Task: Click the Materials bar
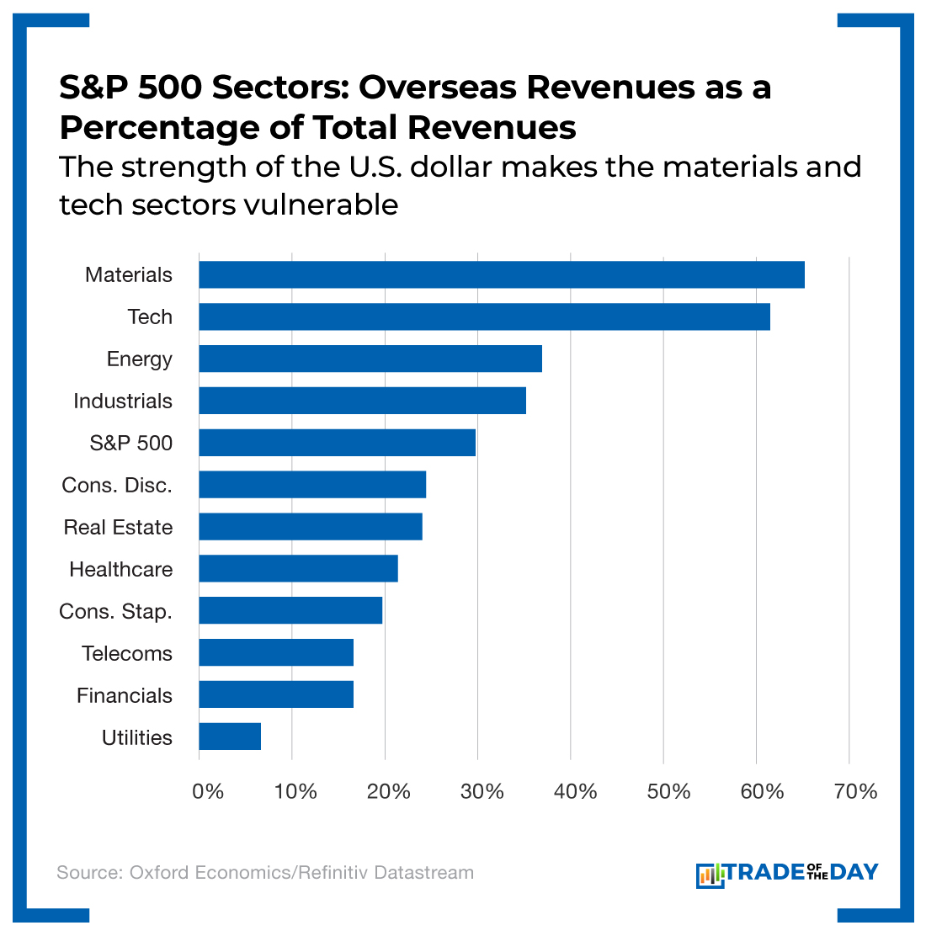pos(502,275)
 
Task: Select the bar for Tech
pos(484,317)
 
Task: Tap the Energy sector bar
pos(370,359)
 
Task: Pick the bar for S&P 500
pos(337,443)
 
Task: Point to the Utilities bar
pos(230,737)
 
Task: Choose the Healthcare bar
pos(298,569)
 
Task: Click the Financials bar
pos(276,695)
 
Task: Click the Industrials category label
pos(123,402)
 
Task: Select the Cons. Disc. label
pos(117,486)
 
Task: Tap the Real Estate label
pos(118,528)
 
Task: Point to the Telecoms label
pos(127,654)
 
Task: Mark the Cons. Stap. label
pos(115,612)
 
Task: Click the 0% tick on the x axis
pos(208,792)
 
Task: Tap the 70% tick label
pos(856,792)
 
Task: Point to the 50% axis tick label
pos(670,792)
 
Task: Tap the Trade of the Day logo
pos(787,874)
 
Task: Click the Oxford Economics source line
pos(265,873)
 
